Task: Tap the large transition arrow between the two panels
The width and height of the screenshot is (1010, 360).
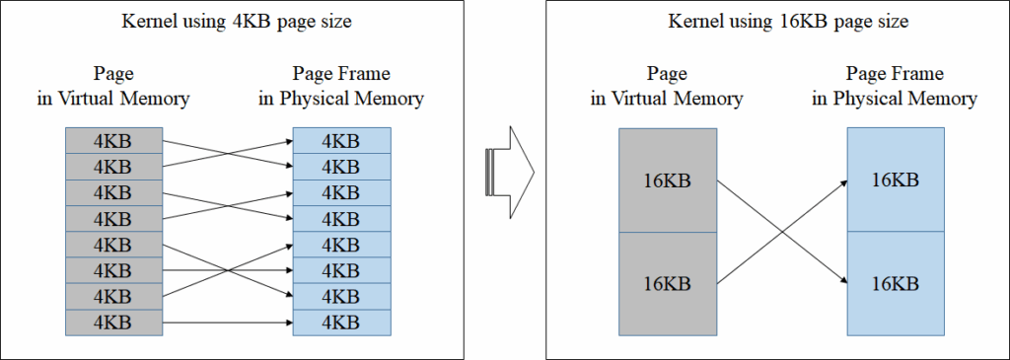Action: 509,170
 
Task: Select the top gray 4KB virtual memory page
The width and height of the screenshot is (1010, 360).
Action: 112,141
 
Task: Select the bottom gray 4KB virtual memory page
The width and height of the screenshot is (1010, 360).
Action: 112,322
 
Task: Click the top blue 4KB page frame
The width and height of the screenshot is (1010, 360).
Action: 341,141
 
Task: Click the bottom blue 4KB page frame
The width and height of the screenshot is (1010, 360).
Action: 341,322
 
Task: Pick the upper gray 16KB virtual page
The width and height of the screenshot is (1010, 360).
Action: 667,180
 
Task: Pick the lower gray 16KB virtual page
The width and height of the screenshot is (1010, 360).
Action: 667,283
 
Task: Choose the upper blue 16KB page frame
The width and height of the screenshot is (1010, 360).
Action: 897,180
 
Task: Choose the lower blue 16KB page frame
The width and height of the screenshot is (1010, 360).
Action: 897,283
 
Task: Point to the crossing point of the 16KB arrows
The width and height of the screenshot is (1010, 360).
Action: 781,232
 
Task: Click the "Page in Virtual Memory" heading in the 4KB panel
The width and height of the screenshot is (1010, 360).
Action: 112,86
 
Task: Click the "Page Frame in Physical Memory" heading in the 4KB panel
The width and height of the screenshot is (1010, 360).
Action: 341,86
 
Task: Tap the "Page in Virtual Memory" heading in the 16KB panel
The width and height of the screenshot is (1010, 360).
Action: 667,86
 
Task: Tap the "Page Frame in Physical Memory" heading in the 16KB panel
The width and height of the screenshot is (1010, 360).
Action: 897,86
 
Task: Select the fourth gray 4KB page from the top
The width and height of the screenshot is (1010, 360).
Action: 112,219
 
